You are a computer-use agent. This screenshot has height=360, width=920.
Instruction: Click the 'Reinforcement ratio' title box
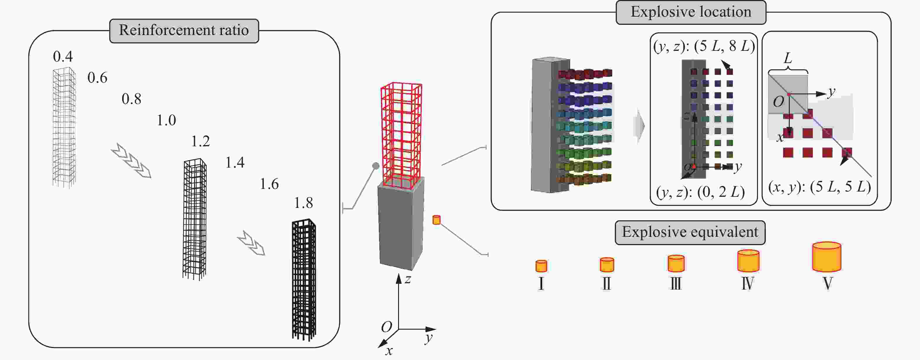184,31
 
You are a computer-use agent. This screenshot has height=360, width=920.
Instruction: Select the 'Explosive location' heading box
691,12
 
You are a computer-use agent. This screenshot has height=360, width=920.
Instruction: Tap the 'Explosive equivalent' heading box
690,232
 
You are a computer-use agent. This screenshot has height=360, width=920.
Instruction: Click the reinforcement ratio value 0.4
63,56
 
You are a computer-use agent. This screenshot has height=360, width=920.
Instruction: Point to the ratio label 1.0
166,120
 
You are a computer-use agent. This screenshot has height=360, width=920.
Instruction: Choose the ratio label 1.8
303,203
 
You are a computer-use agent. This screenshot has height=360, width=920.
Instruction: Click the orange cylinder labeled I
541,266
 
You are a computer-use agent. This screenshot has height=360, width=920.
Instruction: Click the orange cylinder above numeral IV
748,261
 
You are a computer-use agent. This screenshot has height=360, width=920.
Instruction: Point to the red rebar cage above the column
401,136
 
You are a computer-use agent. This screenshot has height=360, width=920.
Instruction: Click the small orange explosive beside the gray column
436,220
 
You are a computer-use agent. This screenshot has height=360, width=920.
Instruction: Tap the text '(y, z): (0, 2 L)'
700,192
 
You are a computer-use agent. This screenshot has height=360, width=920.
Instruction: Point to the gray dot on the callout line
376,166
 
